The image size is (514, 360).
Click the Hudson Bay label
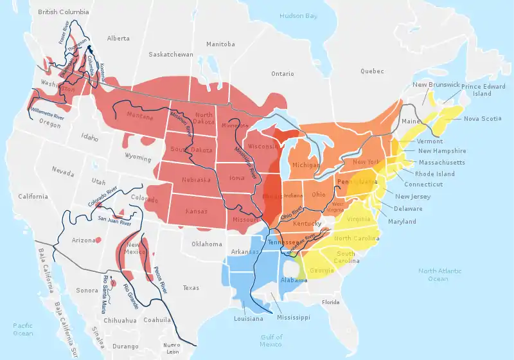tap(299, 15)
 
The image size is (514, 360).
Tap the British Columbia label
tap(64, 12)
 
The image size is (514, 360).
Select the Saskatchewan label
tap(170, 55)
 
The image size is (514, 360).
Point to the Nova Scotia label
tap(482, 118)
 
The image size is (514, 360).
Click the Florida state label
tap(330, 302)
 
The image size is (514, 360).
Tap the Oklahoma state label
tap(206, 244)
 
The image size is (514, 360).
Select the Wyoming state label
tap(138, 156)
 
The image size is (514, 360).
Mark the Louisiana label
tap(248, 319)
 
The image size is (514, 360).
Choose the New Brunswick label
tap(436, 85)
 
